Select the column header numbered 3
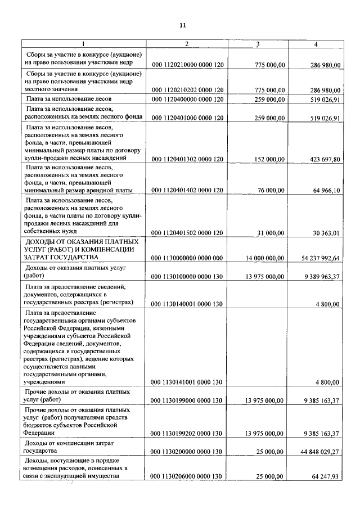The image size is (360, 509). [258, 44]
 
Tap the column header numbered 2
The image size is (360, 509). [187, 44]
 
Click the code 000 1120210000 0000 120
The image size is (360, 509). [187, 65]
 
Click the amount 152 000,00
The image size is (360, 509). [267, 159]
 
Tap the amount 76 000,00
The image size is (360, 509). [268, 191]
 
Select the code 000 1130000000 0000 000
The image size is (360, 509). [187, 258]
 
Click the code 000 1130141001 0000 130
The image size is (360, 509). [187, 382]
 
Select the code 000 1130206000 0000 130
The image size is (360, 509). [187, 477]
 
